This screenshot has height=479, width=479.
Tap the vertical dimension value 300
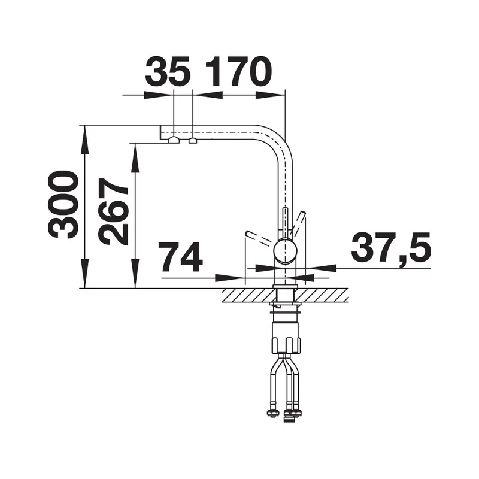(62, 205)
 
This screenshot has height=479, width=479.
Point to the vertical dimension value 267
(113, 212)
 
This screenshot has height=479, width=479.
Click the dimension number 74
(181, 257)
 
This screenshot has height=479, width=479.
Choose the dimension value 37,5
(391, 248)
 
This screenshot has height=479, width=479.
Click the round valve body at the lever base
(286, 251)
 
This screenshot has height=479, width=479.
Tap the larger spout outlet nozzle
(174, 140)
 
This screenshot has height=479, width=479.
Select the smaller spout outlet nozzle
(193, 141)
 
